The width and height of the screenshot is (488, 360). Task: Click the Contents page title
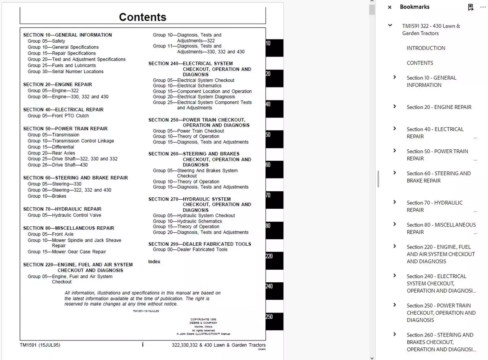pyautogui.click(x=142, y=17)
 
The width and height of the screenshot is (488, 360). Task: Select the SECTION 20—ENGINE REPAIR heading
pyautogui.click(x=57, y=85)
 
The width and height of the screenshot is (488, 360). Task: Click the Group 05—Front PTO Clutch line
pyautogui.click(x=58, y=116)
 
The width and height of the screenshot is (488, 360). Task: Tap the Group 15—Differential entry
pyautogui.click(x=51, y=147)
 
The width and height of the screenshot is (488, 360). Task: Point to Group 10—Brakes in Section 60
pyautogui.click(x=47, y=196)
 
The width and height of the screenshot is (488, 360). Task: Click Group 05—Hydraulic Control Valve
pyautogui.click(x=64, y=215)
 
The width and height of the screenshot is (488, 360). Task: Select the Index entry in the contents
pyautogui.click(x=154, y=262)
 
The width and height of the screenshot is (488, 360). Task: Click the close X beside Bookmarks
pyautogui.click(x=390, y=7)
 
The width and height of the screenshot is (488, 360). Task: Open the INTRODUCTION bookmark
pyautogui.click(x=426, y=48)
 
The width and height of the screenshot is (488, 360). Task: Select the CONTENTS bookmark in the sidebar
pyautogui.click(x=420, y=63)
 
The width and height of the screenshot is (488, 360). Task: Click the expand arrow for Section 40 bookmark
pyautogui.click(x=394, y=129)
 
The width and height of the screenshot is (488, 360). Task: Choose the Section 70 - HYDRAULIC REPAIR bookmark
pyautogui.click(x=434, y=206)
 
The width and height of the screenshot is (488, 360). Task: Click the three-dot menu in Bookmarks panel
pyautogui.click(x=483, y=7)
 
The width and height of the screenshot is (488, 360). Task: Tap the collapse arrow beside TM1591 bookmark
pyautogui.click(x=390, y=25)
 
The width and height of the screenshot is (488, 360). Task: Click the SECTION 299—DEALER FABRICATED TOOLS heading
pyautogui.click(x=200, y=244)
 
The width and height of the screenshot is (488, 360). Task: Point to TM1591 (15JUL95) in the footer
pyautogui.click(x=40, y=345)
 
